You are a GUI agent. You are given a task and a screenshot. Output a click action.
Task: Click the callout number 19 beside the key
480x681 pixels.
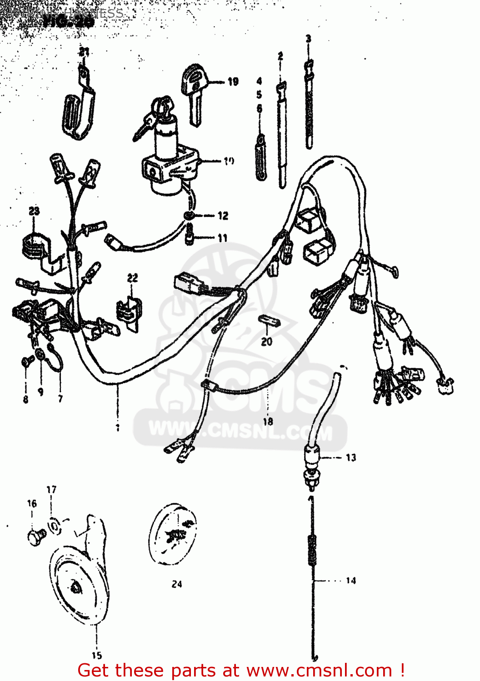pyautogui.click(x=233, y=82)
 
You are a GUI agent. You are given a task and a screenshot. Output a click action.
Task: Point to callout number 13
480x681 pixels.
pyautogui.click(x=351, y=458)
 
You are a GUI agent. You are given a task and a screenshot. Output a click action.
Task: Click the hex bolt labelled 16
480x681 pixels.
pyautogui.click(x=36, y=538)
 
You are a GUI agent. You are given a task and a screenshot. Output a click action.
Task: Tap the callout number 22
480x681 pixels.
pyautogui.click(x=132, y=278)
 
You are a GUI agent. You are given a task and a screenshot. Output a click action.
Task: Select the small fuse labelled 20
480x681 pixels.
pyautogui.click(x=270, y=322)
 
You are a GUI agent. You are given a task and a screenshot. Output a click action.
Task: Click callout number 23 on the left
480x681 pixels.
pyautogui.click(x=34, y=211)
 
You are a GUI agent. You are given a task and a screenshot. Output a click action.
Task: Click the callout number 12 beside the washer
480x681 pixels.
pyautogui.click(x=223, y=216)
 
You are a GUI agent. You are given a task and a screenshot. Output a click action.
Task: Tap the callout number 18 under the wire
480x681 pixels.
pyautogui.click(x=268, y=421)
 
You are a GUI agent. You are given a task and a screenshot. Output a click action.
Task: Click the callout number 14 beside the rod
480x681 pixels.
pyautogui.click(x=351, y=580)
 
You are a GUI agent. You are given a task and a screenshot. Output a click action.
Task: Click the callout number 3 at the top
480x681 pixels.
pyautogui.click(x=308, y=39)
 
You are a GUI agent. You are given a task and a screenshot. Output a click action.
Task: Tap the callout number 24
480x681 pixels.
pyautogui.click(x=177, y=584)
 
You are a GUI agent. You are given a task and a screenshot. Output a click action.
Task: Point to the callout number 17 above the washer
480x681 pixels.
pyautogui.click(x=51, y=490)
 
